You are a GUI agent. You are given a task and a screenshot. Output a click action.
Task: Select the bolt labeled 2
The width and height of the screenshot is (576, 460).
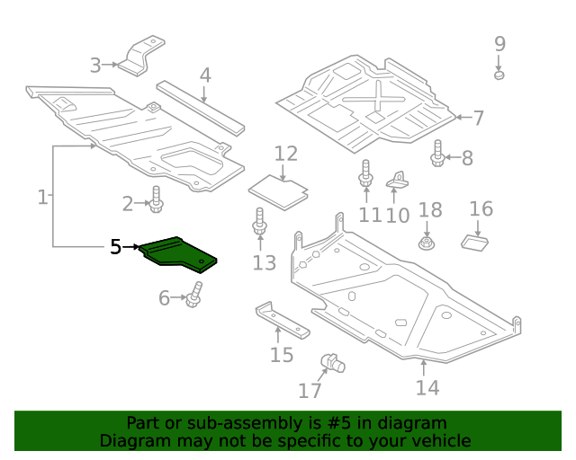click(x=156, y=200)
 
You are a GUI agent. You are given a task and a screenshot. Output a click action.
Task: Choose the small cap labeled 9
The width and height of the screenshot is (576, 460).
click(x=499, y=74)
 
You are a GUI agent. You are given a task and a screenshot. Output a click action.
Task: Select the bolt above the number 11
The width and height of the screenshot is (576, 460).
click(x=365, y=174)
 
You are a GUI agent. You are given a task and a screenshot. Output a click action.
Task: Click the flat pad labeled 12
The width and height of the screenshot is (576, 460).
click(x=279, y=190)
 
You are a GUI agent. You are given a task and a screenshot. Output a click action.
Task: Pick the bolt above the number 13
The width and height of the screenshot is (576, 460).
click(x=259, y=226)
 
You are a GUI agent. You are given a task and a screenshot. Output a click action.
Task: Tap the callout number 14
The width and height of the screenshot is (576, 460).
click(x=427, y=387)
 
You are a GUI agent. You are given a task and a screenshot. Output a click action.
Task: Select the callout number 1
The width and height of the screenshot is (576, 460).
click(x=42, y=196)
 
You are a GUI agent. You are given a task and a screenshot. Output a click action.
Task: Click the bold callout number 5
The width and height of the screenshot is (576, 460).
click(x=114, y=246)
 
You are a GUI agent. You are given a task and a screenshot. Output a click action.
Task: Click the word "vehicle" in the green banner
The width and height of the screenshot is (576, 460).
click(x=439, y=440)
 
